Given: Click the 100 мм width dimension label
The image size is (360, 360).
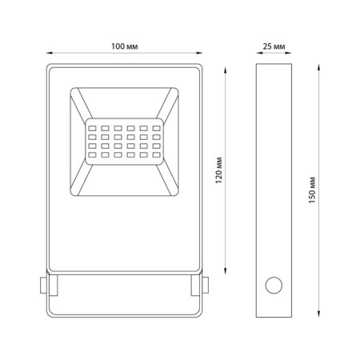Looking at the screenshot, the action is tap(125, 46).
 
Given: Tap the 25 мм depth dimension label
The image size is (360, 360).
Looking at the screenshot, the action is tap(274, 46).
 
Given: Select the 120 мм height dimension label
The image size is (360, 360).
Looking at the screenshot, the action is tap(218, 170).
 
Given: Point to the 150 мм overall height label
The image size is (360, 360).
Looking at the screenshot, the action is tap(312, 190).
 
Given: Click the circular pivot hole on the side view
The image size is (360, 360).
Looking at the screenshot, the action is tap(274, 286).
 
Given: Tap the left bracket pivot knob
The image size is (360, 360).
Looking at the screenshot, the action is tap(43, 286).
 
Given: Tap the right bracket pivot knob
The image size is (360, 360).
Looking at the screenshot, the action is tap(205, 286).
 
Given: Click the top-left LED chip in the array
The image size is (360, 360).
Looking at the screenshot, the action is tap(92, 129).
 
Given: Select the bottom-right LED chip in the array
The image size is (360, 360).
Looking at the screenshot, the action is tap(157, 154).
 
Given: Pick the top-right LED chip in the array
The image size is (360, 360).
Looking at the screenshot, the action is tap(157, 129).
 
